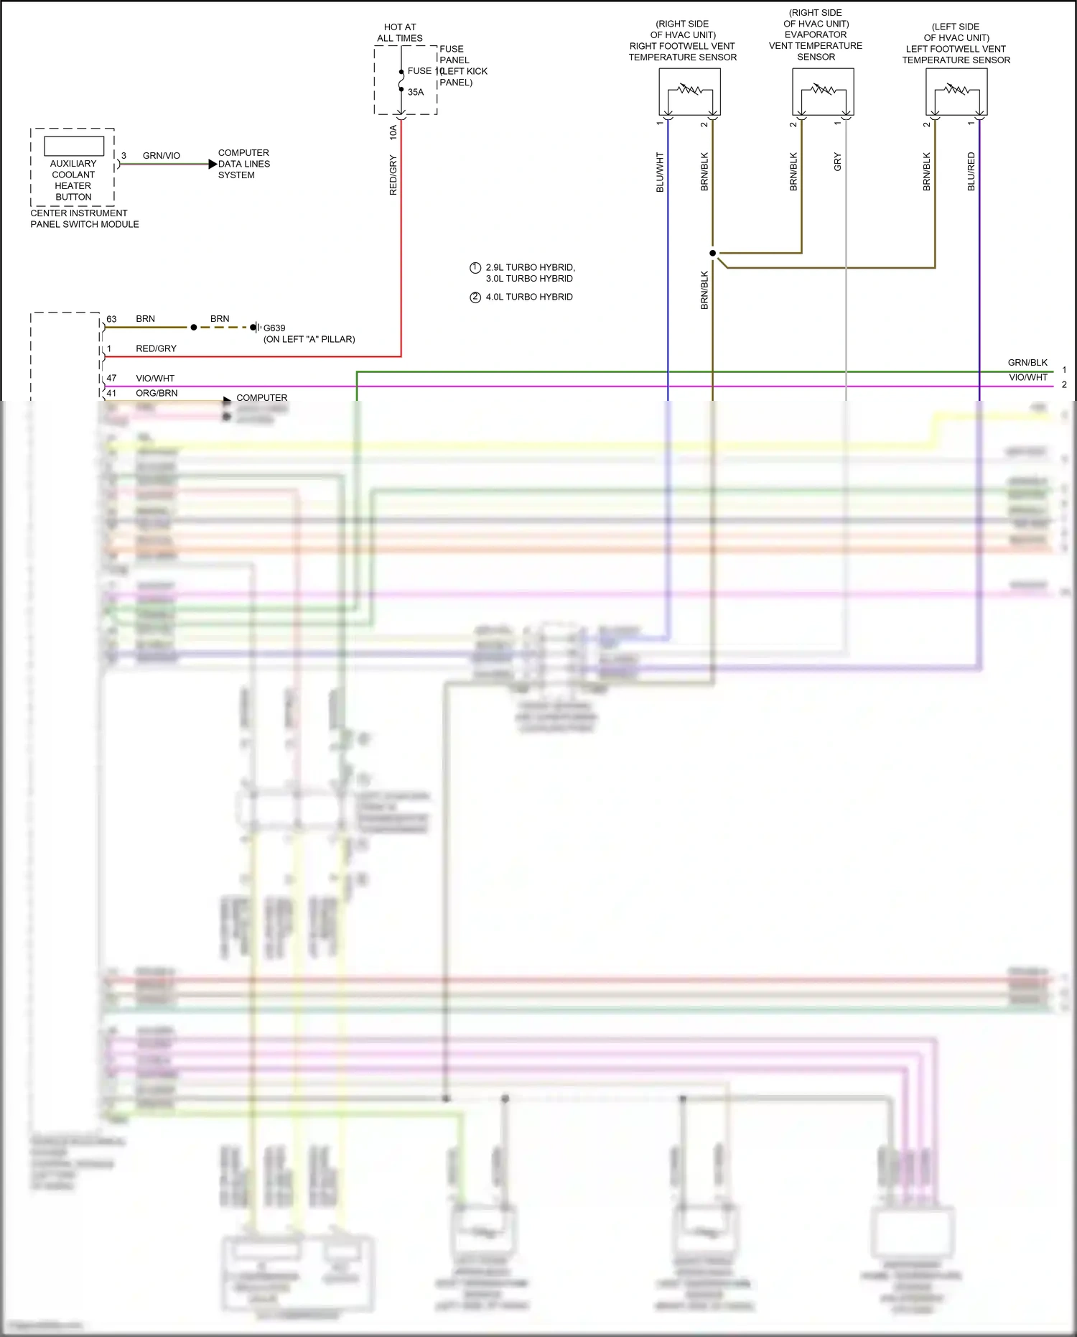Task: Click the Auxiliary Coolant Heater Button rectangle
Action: point(74,146)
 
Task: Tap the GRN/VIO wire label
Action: point(162,156)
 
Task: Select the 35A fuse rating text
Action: point(416,93)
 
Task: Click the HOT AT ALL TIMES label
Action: point(400,33)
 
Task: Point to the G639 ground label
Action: point(274,328)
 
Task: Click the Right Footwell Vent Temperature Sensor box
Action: point(689,92)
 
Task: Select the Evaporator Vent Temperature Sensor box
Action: point(823,92)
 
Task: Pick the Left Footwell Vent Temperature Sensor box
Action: point(956,92)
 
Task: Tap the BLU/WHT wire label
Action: point(660,172)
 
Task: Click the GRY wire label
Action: point(837,162)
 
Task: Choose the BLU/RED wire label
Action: point(971,172)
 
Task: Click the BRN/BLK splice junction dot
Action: point(712,253)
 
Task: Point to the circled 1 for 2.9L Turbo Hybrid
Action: point(475,268)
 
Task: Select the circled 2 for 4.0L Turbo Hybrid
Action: point(475,297)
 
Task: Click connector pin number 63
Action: point(111,319)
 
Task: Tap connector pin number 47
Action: point(111,378)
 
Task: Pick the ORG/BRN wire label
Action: point(157,393)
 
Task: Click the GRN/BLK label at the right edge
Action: point(1027,363)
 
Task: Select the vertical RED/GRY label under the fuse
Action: point(393,175)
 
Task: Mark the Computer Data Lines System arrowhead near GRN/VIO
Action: point(213,165)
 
